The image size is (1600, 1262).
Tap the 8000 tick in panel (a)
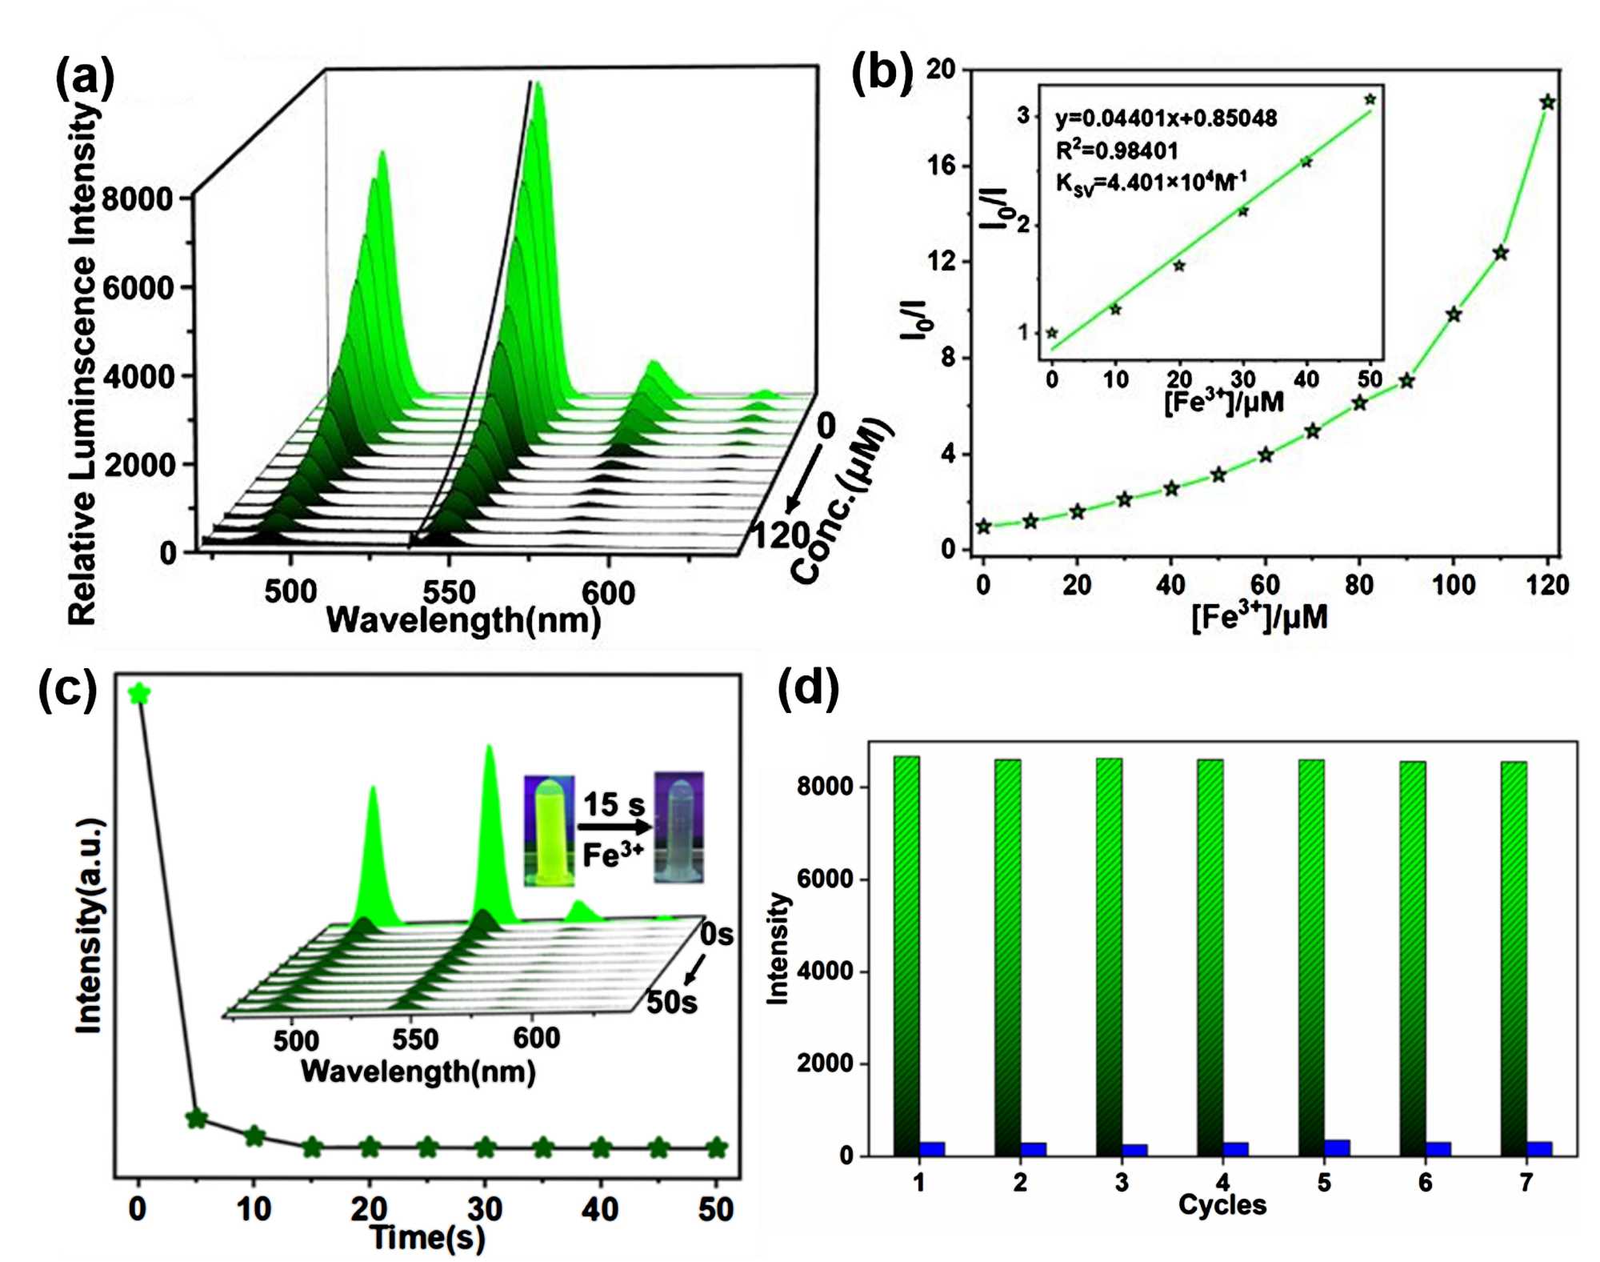[x=138, y=198]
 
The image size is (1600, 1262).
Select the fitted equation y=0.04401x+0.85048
[x=1166, y=118]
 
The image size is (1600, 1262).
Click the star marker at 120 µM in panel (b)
[x=1547, y=102]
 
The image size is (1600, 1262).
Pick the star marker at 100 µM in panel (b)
[x=1454, y=314]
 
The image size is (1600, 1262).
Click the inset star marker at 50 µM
[x=1370, y=100]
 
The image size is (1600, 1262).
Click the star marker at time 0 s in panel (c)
[x=139, y=694]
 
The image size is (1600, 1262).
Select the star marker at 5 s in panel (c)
[x=196, y=1119]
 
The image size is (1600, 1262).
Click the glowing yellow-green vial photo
[x=549, y=830]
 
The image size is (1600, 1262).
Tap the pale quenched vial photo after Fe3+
[x=678, y=827]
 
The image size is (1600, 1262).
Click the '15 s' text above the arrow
[x=613, y=804]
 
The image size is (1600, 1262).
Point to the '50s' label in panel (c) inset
[x=671, y=1002]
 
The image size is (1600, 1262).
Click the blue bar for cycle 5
[x=1337, y=1148]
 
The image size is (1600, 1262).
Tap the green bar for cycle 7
[x=1514, y=958]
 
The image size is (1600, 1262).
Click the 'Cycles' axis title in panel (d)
[x=1222, y=1205]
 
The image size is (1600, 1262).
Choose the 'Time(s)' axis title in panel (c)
[x=427, y=1238]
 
